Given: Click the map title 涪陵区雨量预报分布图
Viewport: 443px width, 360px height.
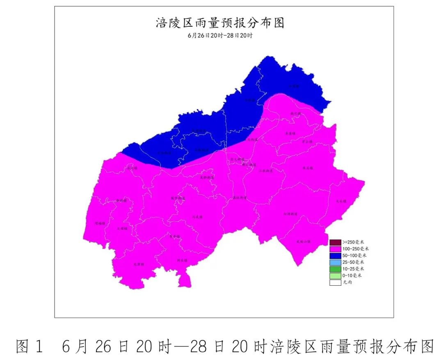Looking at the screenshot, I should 220,23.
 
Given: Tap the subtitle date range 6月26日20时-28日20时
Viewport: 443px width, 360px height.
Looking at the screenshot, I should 220,35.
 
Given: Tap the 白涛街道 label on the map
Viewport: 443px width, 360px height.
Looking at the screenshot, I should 290,214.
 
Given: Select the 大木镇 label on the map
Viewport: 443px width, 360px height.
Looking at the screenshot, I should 341,201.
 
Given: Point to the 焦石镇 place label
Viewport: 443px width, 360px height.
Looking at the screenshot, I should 307,168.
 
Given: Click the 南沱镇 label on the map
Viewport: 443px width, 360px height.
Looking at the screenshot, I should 295,113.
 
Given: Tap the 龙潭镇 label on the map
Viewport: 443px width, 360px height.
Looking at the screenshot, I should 139,264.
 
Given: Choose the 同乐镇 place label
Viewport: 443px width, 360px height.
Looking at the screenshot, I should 182,260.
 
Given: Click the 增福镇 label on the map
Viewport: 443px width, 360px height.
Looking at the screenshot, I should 100,223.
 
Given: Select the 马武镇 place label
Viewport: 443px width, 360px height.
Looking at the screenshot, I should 176,236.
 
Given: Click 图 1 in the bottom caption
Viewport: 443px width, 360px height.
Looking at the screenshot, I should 30,346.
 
